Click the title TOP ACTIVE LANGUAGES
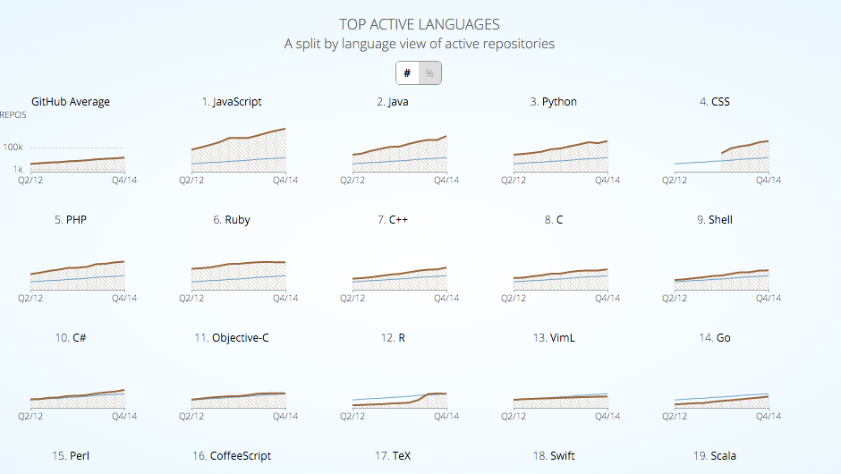pyautogui.click(x=420, y=24)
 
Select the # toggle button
pyautogui.click(x=408, y=73)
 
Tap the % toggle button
pyautogui.click(x=429, y=73)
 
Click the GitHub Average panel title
pyautogui.click(x=71, y=102)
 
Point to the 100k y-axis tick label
pyautogui.click(x=13, y=148)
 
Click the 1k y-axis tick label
pyautogui.click(x=16, y=169)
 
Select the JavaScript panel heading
pyautogui.click(x=232, y=102)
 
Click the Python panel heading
pyautogui.click(x=554, y=102)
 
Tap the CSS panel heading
pyautogui.click(x=715, y=102)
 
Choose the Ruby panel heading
pyautogui.click(x=232, y=220)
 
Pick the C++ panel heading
pyautogui.click(x=393, y=220)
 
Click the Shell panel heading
pyautogui.click(x=715, y=220)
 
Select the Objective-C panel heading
pyautogui.click(x=232, y=338)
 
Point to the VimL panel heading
pyautogui.click(x=554, y=338)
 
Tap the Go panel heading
pyautogui.click(x=715, y=338)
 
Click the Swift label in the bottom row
pyautogui.click(x=554, y=456)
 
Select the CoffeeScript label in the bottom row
pyautogui.click(x=232, y=456)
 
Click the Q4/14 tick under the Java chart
pyautogui.click(x=446, y=180)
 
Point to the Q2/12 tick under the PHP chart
pyautogui.click(x=31, y=298)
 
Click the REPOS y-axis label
pyautogui.click(x=13, y=115)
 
